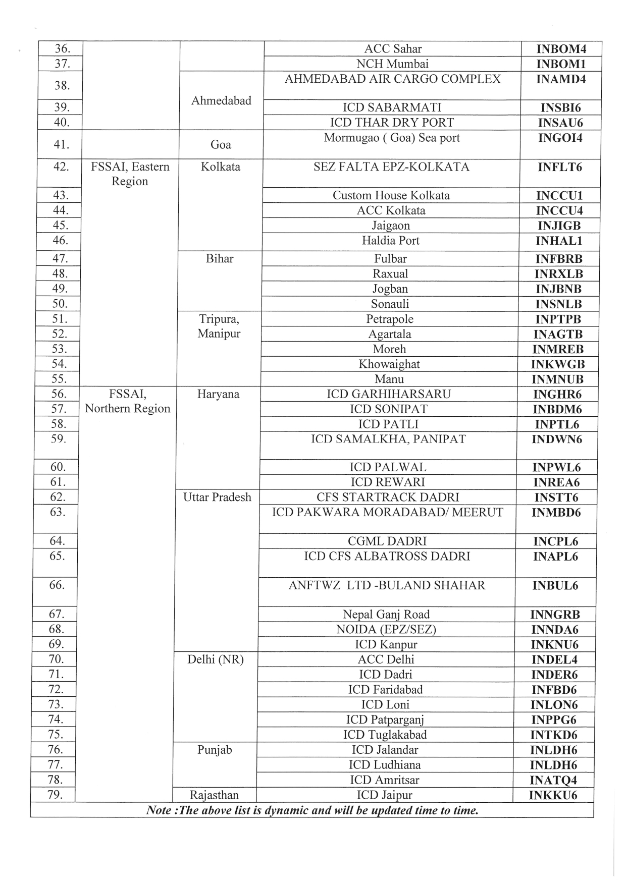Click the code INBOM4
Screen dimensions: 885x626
point(561,49)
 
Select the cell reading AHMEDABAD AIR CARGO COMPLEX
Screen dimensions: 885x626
point(393,79)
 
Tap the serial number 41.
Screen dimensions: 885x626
point(62,144)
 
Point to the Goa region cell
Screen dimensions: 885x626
point(221,145)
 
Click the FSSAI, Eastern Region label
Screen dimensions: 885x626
point(130,174)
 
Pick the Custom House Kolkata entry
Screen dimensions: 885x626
point(391,195)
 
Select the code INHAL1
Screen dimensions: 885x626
point(559,241)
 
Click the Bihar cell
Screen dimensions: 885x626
point(220,259)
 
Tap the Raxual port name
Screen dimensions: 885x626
point(390,274)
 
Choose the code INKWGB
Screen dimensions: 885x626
point(558,364)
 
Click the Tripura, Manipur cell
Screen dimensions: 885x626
point(219,326)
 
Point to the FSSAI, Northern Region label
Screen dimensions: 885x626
point(128,401)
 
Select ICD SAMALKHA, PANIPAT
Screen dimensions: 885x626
point(388,439)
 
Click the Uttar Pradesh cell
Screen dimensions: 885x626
point(217,497)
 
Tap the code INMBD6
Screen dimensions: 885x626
point(556,513)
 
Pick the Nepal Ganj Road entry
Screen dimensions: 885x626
point(386,615)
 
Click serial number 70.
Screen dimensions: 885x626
point(56,659)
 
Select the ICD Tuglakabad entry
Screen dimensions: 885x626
point(385,735)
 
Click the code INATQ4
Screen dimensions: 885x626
point(553,781)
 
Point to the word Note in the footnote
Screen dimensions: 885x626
point(158,810)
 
